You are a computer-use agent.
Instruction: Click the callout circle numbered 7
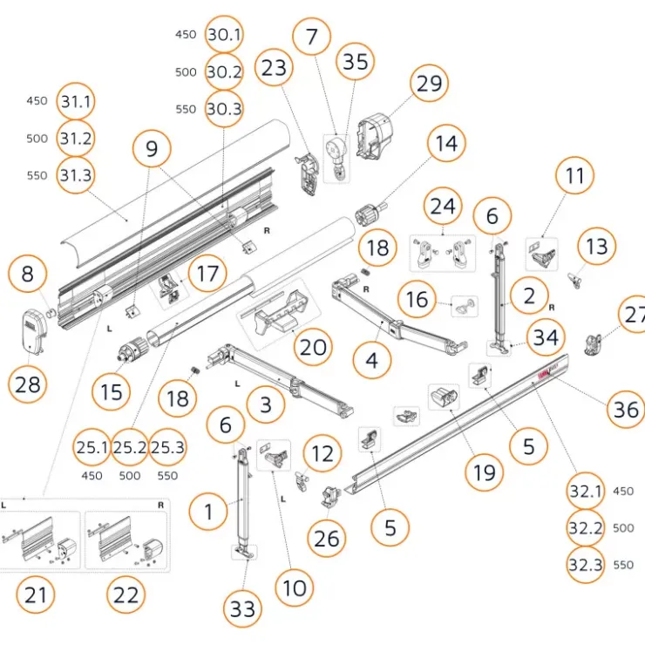pos(311,37)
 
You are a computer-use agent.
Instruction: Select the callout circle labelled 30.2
pos(224,72)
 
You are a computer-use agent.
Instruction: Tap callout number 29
pos(429,84)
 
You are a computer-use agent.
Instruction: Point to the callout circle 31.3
pos(75,175)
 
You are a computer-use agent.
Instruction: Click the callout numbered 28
pos(28,384)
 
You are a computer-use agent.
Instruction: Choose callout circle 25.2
pos(130,447)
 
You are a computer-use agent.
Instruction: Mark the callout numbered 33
pos(242,608)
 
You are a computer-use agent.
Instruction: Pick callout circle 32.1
pos(586,491)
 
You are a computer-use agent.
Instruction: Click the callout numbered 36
pos(626,410)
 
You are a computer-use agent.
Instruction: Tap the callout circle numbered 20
pos(313,347)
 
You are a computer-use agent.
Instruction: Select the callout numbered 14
pos(446,143)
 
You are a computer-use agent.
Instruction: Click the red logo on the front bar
pos(547,374)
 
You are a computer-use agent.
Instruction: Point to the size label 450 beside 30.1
pos(186,35)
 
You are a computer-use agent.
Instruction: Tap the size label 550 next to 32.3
pos(623,565)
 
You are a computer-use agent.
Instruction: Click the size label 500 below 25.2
pos(130,476)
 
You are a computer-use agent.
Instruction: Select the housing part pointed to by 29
pos(374,137)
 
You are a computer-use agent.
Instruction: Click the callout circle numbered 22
pos(126,594)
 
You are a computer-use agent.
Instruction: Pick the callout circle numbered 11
pos(574,176)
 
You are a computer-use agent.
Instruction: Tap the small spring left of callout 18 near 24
pos(364,271)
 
